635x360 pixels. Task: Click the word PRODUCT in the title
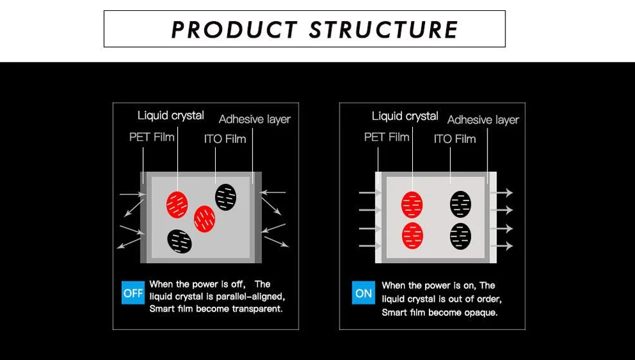click(234, 29)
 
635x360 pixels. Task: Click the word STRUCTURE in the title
click(384, 29)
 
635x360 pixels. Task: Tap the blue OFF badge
click(133, 293)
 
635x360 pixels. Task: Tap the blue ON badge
click(363, 293)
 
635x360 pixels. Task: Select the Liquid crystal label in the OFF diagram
click(170, 116)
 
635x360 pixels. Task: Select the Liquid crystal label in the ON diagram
click(405, 116)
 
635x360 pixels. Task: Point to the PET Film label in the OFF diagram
click(151, 137)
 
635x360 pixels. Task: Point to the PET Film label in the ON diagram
click(386, 137)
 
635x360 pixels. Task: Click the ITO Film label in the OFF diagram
click(225, 139)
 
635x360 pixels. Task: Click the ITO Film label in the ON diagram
click(454, 139)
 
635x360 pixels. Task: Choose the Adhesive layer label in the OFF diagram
click(254, 119)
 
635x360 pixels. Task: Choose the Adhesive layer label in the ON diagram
click(483, 120)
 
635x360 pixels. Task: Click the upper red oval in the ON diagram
click(412, 204)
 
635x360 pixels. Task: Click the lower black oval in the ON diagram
click(460, 236)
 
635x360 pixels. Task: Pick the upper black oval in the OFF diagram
click(225, 197)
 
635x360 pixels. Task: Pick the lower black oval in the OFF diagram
click(179, 241)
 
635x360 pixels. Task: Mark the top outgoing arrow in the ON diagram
click(505, 192)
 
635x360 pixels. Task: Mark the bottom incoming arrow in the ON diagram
click(369, 246)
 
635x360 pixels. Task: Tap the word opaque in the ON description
click(482, 313)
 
